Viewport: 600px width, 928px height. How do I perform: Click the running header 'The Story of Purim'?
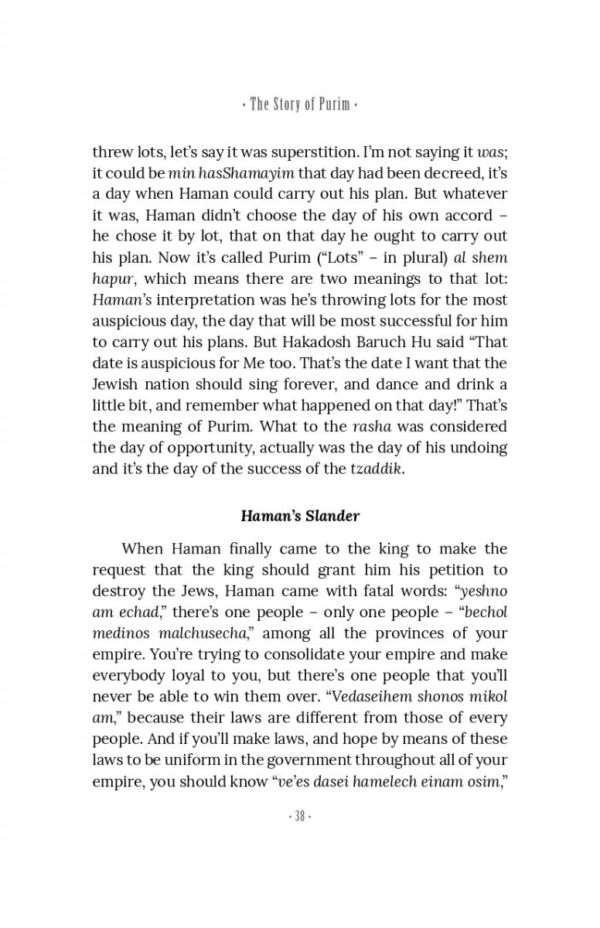(x=300, y=104)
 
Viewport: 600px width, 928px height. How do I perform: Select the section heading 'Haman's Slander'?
(x=300, y=515)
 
